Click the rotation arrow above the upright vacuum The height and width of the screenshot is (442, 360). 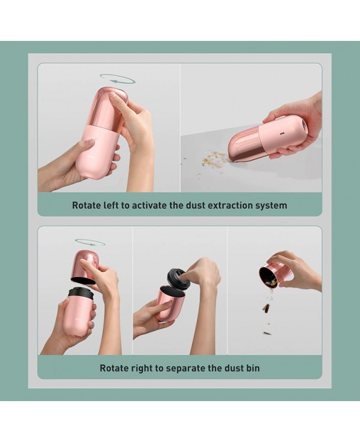tap(118, 78)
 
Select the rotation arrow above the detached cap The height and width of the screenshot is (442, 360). tap(90, 242)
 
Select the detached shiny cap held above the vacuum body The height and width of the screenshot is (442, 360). tap(86, 267)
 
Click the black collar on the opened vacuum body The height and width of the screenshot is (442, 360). tap(80, 293)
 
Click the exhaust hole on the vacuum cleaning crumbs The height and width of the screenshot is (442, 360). tap(305, 123)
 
